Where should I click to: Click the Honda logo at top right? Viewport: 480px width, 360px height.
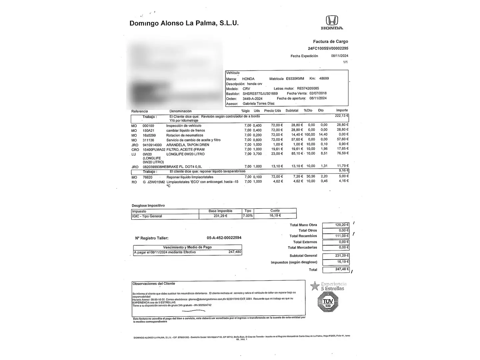click(x=332, y=22)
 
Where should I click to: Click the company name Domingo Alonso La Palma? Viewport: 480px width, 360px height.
click(x=184, y=23)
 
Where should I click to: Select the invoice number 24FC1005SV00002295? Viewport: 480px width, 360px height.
click(x=328, y=48)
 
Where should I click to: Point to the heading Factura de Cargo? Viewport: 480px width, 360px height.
click(x=330, y=42)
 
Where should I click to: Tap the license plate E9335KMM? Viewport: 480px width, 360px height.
click(x=295, y=79)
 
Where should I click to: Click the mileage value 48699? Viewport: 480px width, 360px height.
click(x=324, y=79)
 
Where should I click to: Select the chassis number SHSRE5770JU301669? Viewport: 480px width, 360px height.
click(x=260, y=94)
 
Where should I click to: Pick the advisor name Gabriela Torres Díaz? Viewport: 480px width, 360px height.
click(x=258, y=104)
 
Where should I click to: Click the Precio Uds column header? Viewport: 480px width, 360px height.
click(x=272, y=111)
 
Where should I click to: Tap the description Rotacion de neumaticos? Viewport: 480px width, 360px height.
click(x=185, y=135)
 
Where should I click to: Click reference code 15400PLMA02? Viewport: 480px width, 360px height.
click(x=154, y=150)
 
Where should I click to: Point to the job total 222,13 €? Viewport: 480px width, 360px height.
click(x=341, y=116)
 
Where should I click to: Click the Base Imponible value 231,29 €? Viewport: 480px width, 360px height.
click(x=220, y=216)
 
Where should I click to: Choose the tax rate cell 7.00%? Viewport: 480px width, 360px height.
click(x=248, y=216)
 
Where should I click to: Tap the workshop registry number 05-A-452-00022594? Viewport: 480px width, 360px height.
click(x=224, y=238)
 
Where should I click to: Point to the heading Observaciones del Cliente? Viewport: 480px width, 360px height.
click(x=154, y=284)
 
